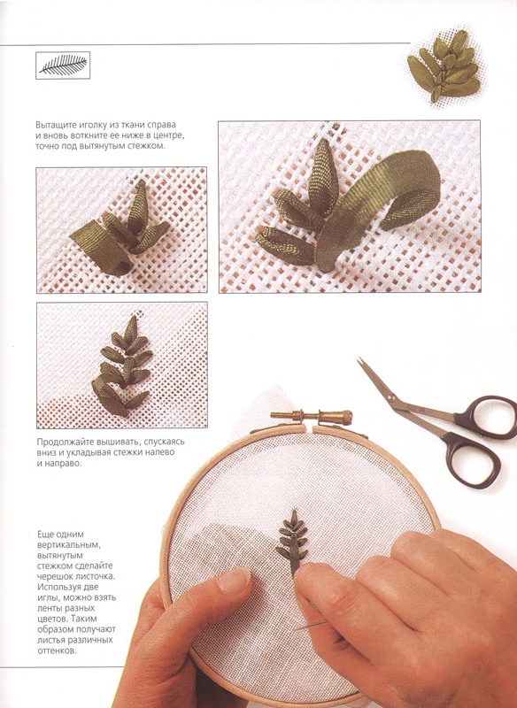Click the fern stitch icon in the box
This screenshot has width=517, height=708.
tap(63, 65)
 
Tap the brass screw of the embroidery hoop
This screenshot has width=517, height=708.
tap(312, 417)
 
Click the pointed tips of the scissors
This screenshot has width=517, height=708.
tap(361, 362)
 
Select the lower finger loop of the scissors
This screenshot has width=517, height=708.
tap(474, 459)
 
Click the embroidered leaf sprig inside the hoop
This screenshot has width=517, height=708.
tap(292, 542)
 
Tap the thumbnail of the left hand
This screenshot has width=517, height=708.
tap(233, 581)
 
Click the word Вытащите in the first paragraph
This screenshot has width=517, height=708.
tap(53, 125)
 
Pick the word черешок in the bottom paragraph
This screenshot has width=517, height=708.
tap(51, 577)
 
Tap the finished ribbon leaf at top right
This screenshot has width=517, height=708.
tap(444, 66)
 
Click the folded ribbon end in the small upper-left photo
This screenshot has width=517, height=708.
tap(101, 248)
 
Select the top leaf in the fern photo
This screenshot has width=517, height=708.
tap(131, 328)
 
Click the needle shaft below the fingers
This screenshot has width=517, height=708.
tap(311, 626)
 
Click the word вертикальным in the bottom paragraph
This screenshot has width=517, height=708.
tap(69, 545)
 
